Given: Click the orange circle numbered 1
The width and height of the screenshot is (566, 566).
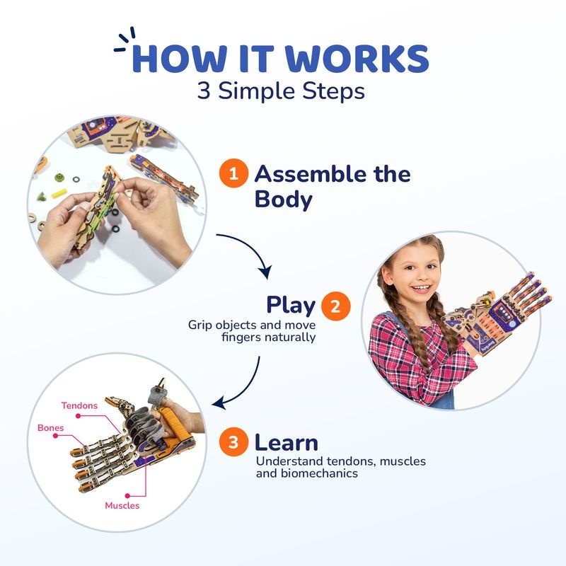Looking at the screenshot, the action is [x=233, y=173].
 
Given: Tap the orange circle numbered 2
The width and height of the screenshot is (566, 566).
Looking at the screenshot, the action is [x=335, y=306].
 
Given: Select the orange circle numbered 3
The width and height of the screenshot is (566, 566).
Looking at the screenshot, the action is [x=233, y=441].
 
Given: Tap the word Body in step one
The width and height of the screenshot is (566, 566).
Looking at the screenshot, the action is [x=283, y=200].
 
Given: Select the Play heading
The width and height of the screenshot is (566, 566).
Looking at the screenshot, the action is [x=291, y=306].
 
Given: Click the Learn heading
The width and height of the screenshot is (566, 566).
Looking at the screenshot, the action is [x=287, y=443].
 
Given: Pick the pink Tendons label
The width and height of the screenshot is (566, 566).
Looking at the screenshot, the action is [x=79, y=405].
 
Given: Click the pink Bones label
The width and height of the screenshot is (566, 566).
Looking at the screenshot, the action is [x=50, y=428].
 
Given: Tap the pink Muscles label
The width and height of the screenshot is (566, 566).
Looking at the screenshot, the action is [x=122, y=505].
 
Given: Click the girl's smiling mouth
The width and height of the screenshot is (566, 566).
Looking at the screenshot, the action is [x=422, y=288].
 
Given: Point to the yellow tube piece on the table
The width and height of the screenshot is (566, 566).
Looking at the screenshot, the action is [x=59, y=193].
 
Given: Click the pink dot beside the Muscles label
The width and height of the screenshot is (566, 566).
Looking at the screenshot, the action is [x=127, y=496].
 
